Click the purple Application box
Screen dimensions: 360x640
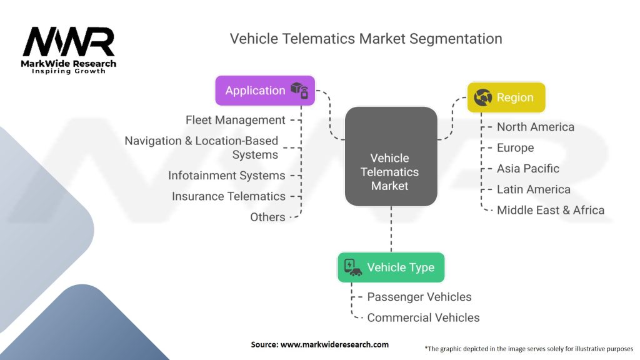[264, 91]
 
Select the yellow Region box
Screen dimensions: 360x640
[506, 97]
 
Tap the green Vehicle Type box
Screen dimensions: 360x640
[391, 267]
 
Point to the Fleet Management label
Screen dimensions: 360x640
[236, 120]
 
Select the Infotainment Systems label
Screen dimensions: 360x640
[227, 176]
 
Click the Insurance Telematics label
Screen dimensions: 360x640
[229, 196]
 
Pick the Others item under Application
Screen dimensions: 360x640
[267, 217]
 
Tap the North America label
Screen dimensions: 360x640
[535, 127]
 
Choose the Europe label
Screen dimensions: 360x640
[515, 148]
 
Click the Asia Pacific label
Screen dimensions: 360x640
[527, 169]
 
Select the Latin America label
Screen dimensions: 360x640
[533, 189]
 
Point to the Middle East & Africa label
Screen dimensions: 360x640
[550, 210]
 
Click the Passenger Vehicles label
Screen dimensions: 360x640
[419, 297]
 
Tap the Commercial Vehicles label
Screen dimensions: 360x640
[423, 317]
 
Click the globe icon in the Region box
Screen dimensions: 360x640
[483, 97]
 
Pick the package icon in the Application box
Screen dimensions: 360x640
[299, 91]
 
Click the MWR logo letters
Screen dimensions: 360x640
[69, 42]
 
